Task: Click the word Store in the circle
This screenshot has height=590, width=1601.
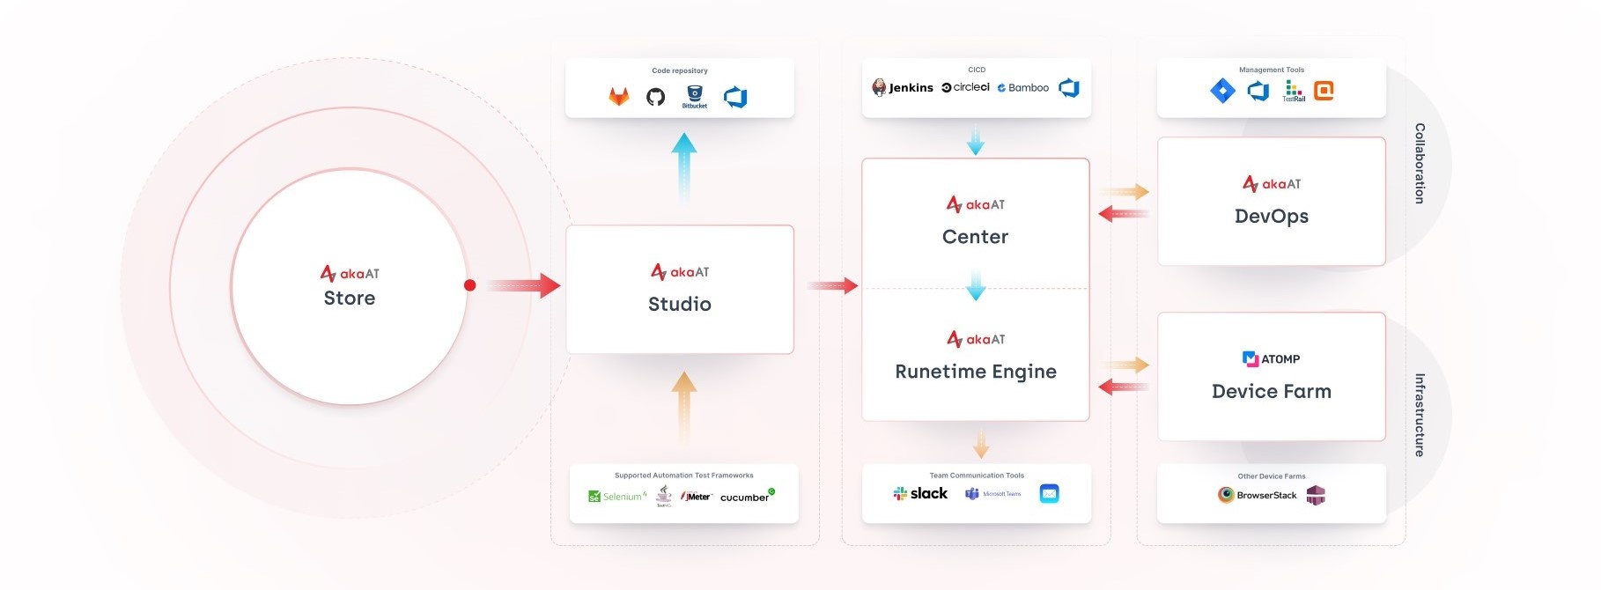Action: pos(350,299)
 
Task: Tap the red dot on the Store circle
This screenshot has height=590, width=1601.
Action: pos(470,285)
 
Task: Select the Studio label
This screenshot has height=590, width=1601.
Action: pos(680,305)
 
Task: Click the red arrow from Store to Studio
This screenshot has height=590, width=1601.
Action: pos(523,285)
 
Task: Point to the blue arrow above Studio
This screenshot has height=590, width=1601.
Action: pos(684,167)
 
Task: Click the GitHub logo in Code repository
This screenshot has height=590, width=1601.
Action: pos(656,97)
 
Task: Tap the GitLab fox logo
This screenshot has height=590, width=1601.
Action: pos(619,97)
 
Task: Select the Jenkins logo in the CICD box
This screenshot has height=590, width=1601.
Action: pos(903,87)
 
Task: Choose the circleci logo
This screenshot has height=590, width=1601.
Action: pos(966,87)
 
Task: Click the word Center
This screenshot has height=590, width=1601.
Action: pos(976,237)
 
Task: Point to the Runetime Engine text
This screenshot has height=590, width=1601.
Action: pos(976,372)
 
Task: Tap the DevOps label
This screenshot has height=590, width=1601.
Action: pos(1272,217)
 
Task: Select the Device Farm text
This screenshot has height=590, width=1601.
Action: pos(1272,392)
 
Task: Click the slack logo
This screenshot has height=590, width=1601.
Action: pos(920,494)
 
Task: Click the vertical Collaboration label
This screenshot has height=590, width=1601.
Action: pos(1420,164)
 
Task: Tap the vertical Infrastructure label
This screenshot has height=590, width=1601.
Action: pos(1420,415)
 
